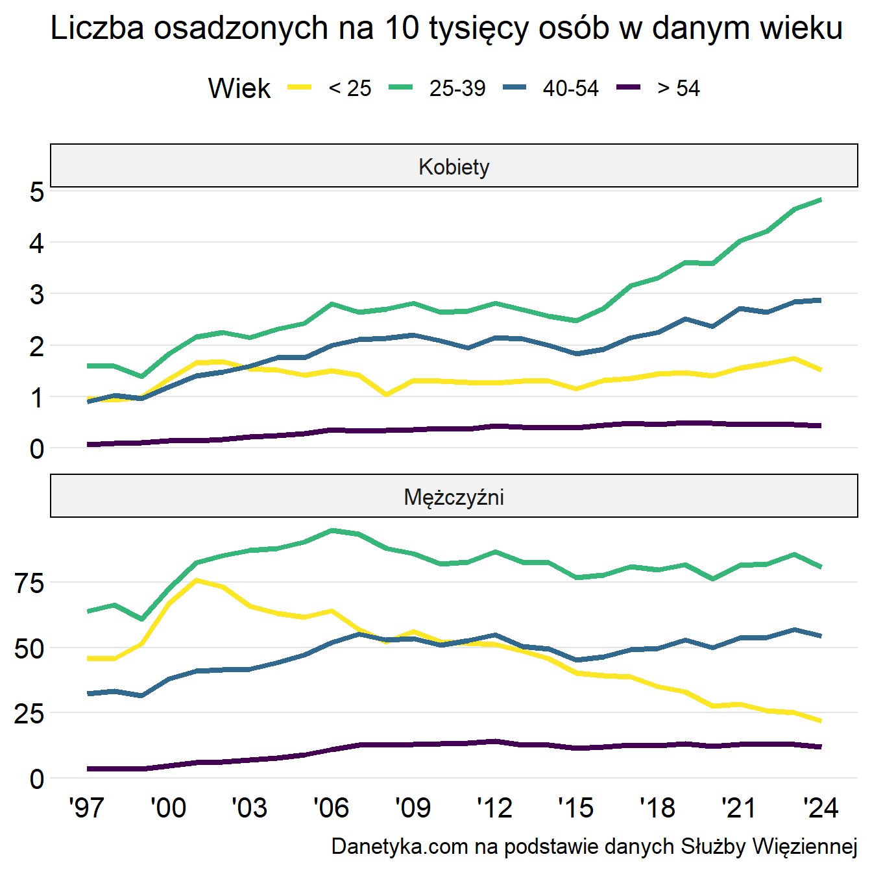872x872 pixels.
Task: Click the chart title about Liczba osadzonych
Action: click(446, 29)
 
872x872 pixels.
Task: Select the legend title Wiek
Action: click(239, 88)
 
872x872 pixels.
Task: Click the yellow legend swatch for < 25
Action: click(300, 88)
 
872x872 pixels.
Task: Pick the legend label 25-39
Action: click(457, 88)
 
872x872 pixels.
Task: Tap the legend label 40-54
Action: click(570, 88)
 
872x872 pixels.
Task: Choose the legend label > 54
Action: click(678, 88)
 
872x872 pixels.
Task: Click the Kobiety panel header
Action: click(454, 167)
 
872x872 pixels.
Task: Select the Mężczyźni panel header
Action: click(454, 497)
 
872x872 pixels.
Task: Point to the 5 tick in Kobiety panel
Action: click(36, 191)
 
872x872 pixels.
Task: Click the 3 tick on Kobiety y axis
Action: click(36, 294)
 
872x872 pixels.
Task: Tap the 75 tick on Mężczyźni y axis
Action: click(29, 583)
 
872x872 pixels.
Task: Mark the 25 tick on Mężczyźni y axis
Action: click(29, 713)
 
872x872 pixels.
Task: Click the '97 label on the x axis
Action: click(86, 808)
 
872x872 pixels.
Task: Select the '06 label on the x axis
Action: click(332, 808)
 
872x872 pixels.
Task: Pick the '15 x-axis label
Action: click(576, 808)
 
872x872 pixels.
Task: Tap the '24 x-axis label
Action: click(821, 808)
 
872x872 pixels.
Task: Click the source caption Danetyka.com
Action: click(594, 846)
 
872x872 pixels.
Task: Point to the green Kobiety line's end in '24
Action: click(821, 200)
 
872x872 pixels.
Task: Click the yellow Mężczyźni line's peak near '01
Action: click(197, 580)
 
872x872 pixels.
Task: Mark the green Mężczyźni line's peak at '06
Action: click(332, 531)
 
